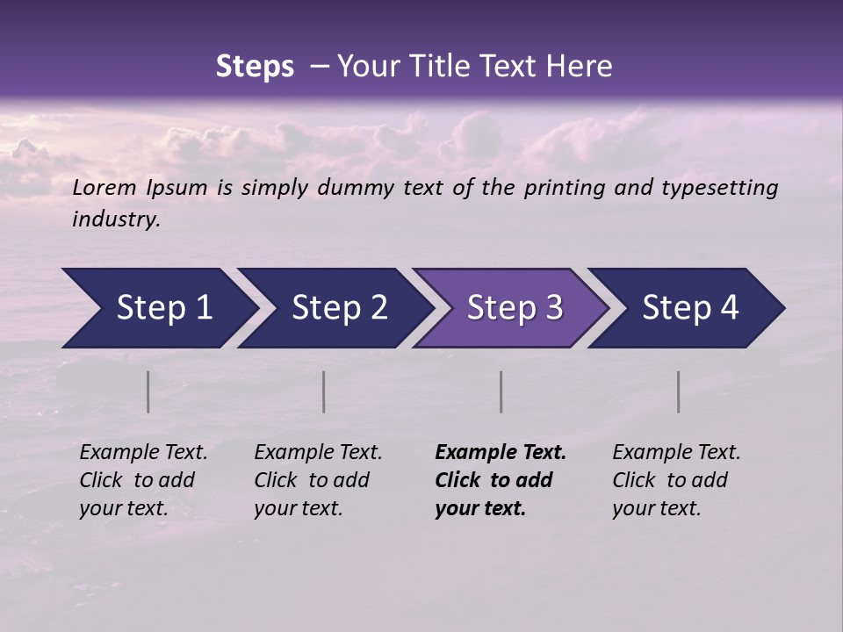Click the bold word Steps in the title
[x=255, y=67]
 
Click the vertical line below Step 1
[x=148, y=391]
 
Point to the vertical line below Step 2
[x=324, y=391]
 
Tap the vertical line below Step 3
[x=501, y=391]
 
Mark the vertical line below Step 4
[x=679, y=391]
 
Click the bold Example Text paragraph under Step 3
[x=501, y=480]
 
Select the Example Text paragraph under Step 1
[x=143, y=480]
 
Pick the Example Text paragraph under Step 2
[x=318, y=480]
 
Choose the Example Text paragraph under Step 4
[x=676, y=480]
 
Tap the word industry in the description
[x=116, y=219]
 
